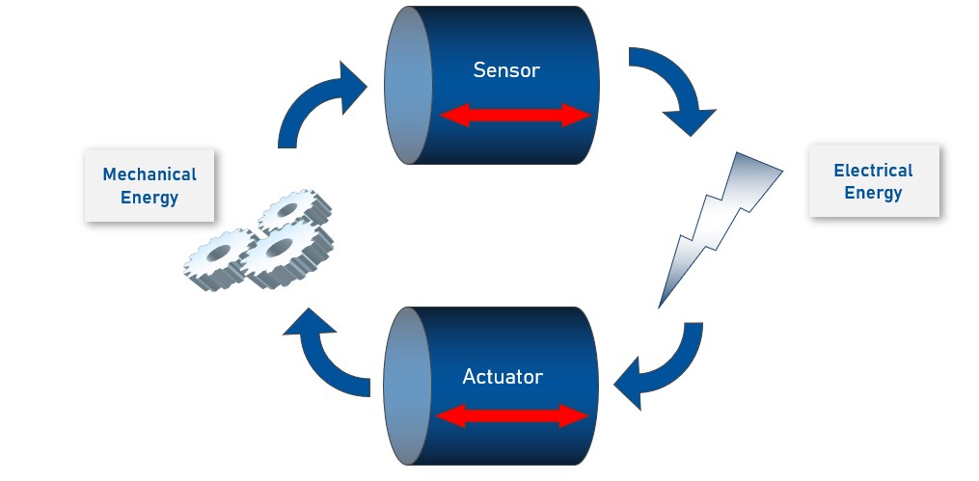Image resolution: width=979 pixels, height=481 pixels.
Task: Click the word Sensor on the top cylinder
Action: [505, 70]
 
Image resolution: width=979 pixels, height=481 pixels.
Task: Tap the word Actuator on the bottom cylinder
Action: [503, 375]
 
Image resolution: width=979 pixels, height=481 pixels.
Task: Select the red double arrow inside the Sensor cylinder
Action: [514, 116]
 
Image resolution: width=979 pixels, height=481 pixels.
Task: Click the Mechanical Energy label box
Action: [150, 186]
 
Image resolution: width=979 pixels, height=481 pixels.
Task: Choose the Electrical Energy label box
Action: [873, 181]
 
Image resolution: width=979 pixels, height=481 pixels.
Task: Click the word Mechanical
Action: [150, 174]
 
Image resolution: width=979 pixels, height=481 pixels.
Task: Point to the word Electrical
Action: [873, 171]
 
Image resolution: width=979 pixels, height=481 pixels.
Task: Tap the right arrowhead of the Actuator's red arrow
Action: [577, 416]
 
